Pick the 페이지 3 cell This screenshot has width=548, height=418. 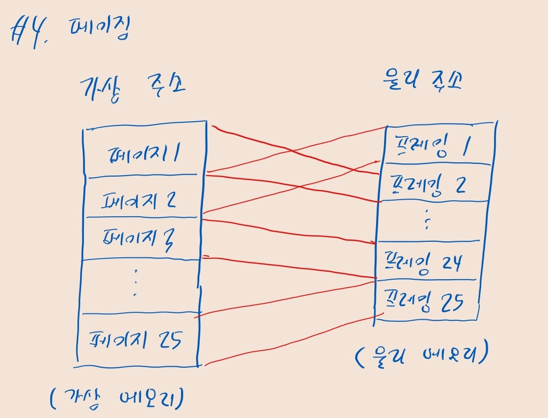[x=142, y=238]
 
